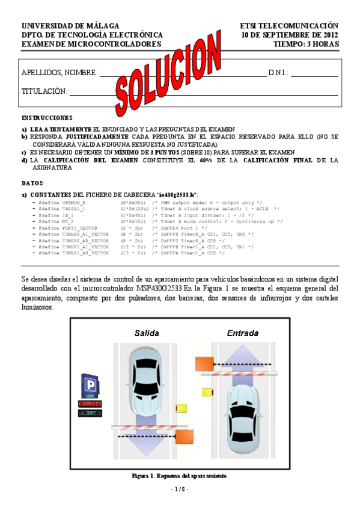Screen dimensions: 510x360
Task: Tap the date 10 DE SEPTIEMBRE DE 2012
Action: coord(290,35)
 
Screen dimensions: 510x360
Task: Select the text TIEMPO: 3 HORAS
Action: coord(306,44)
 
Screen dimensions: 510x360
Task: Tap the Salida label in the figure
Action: coord(147,333)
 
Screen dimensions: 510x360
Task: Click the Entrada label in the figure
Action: coord(243,333)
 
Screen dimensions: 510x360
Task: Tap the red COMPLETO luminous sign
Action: coord(90,404)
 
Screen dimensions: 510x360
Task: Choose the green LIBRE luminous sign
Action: coord(90,413)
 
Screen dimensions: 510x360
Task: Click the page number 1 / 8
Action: coord(180,490)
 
